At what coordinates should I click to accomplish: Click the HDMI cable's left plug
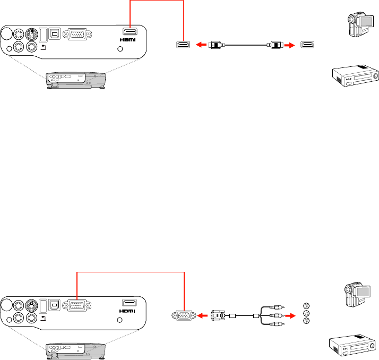[x=217, y=45]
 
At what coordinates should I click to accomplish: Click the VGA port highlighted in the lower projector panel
[x=77, y=305]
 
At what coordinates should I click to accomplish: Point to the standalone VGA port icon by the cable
[x=184, y=315]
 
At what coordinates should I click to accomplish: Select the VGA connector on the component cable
[x=218, y=315]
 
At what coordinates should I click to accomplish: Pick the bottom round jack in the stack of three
[x=306, y=321]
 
